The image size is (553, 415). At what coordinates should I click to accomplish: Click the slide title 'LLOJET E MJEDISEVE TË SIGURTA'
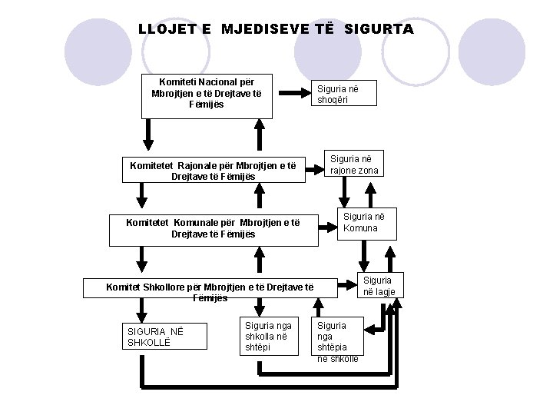(x=276, y=29)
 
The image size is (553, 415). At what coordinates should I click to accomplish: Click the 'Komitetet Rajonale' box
(x=214, y=170)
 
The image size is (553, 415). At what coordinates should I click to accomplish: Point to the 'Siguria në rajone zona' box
(x=353, y=164)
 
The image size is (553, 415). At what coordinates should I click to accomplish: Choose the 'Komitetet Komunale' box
(x=214, y=228)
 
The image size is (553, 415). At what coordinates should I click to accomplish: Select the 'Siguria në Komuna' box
(x=360, y=222)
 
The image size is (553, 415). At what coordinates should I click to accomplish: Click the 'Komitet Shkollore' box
(x=210, y=291)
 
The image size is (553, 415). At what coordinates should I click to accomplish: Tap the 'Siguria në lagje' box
(x=378, y=286)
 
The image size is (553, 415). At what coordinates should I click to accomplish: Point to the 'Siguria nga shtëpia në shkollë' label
(x=336, y=341)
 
